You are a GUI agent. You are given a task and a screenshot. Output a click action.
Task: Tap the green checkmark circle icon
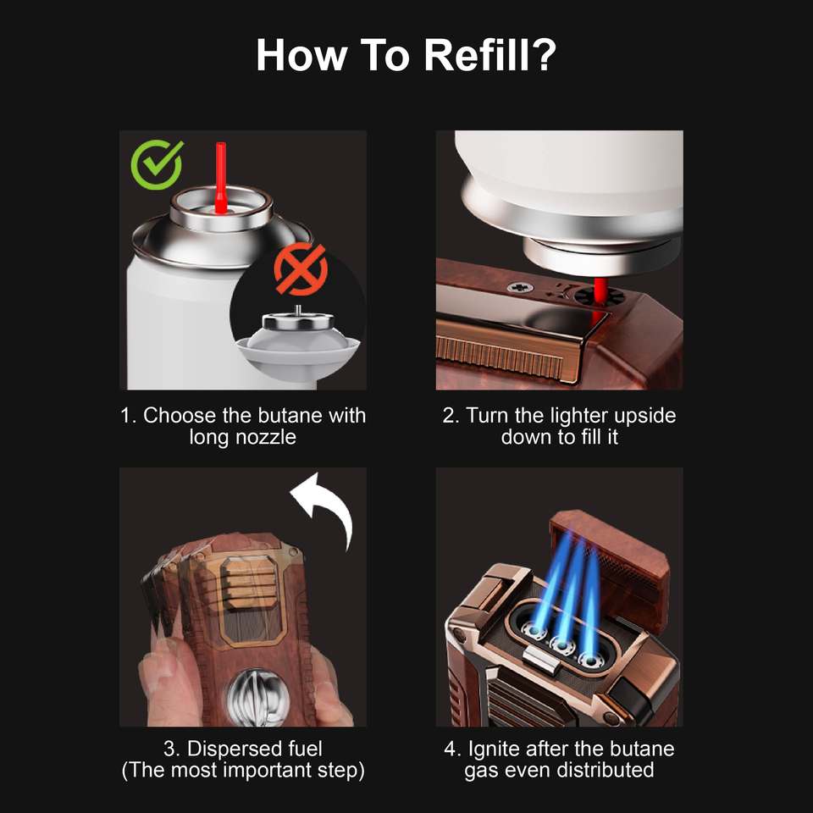158,164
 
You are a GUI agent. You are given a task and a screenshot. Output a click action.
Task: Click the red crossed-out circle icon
301,269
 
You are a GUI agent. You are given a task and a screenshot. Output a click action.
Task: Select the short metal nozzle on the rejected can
297,311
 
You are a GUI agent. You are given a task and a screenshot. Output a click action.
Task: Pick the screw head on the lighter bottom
517,287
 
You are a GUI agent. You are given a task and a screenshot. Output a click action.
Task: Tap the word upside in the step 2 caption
644,415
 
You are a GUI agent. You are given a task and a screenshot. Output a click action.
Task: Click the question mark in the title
544,54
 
